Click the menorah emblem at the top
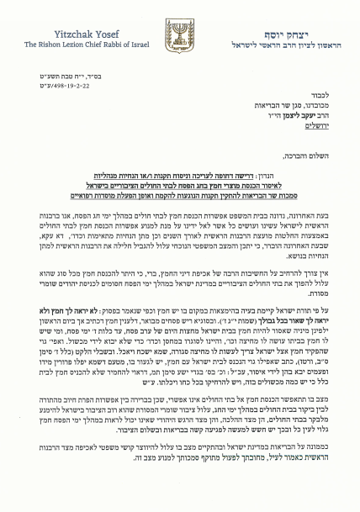[178, 35]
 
